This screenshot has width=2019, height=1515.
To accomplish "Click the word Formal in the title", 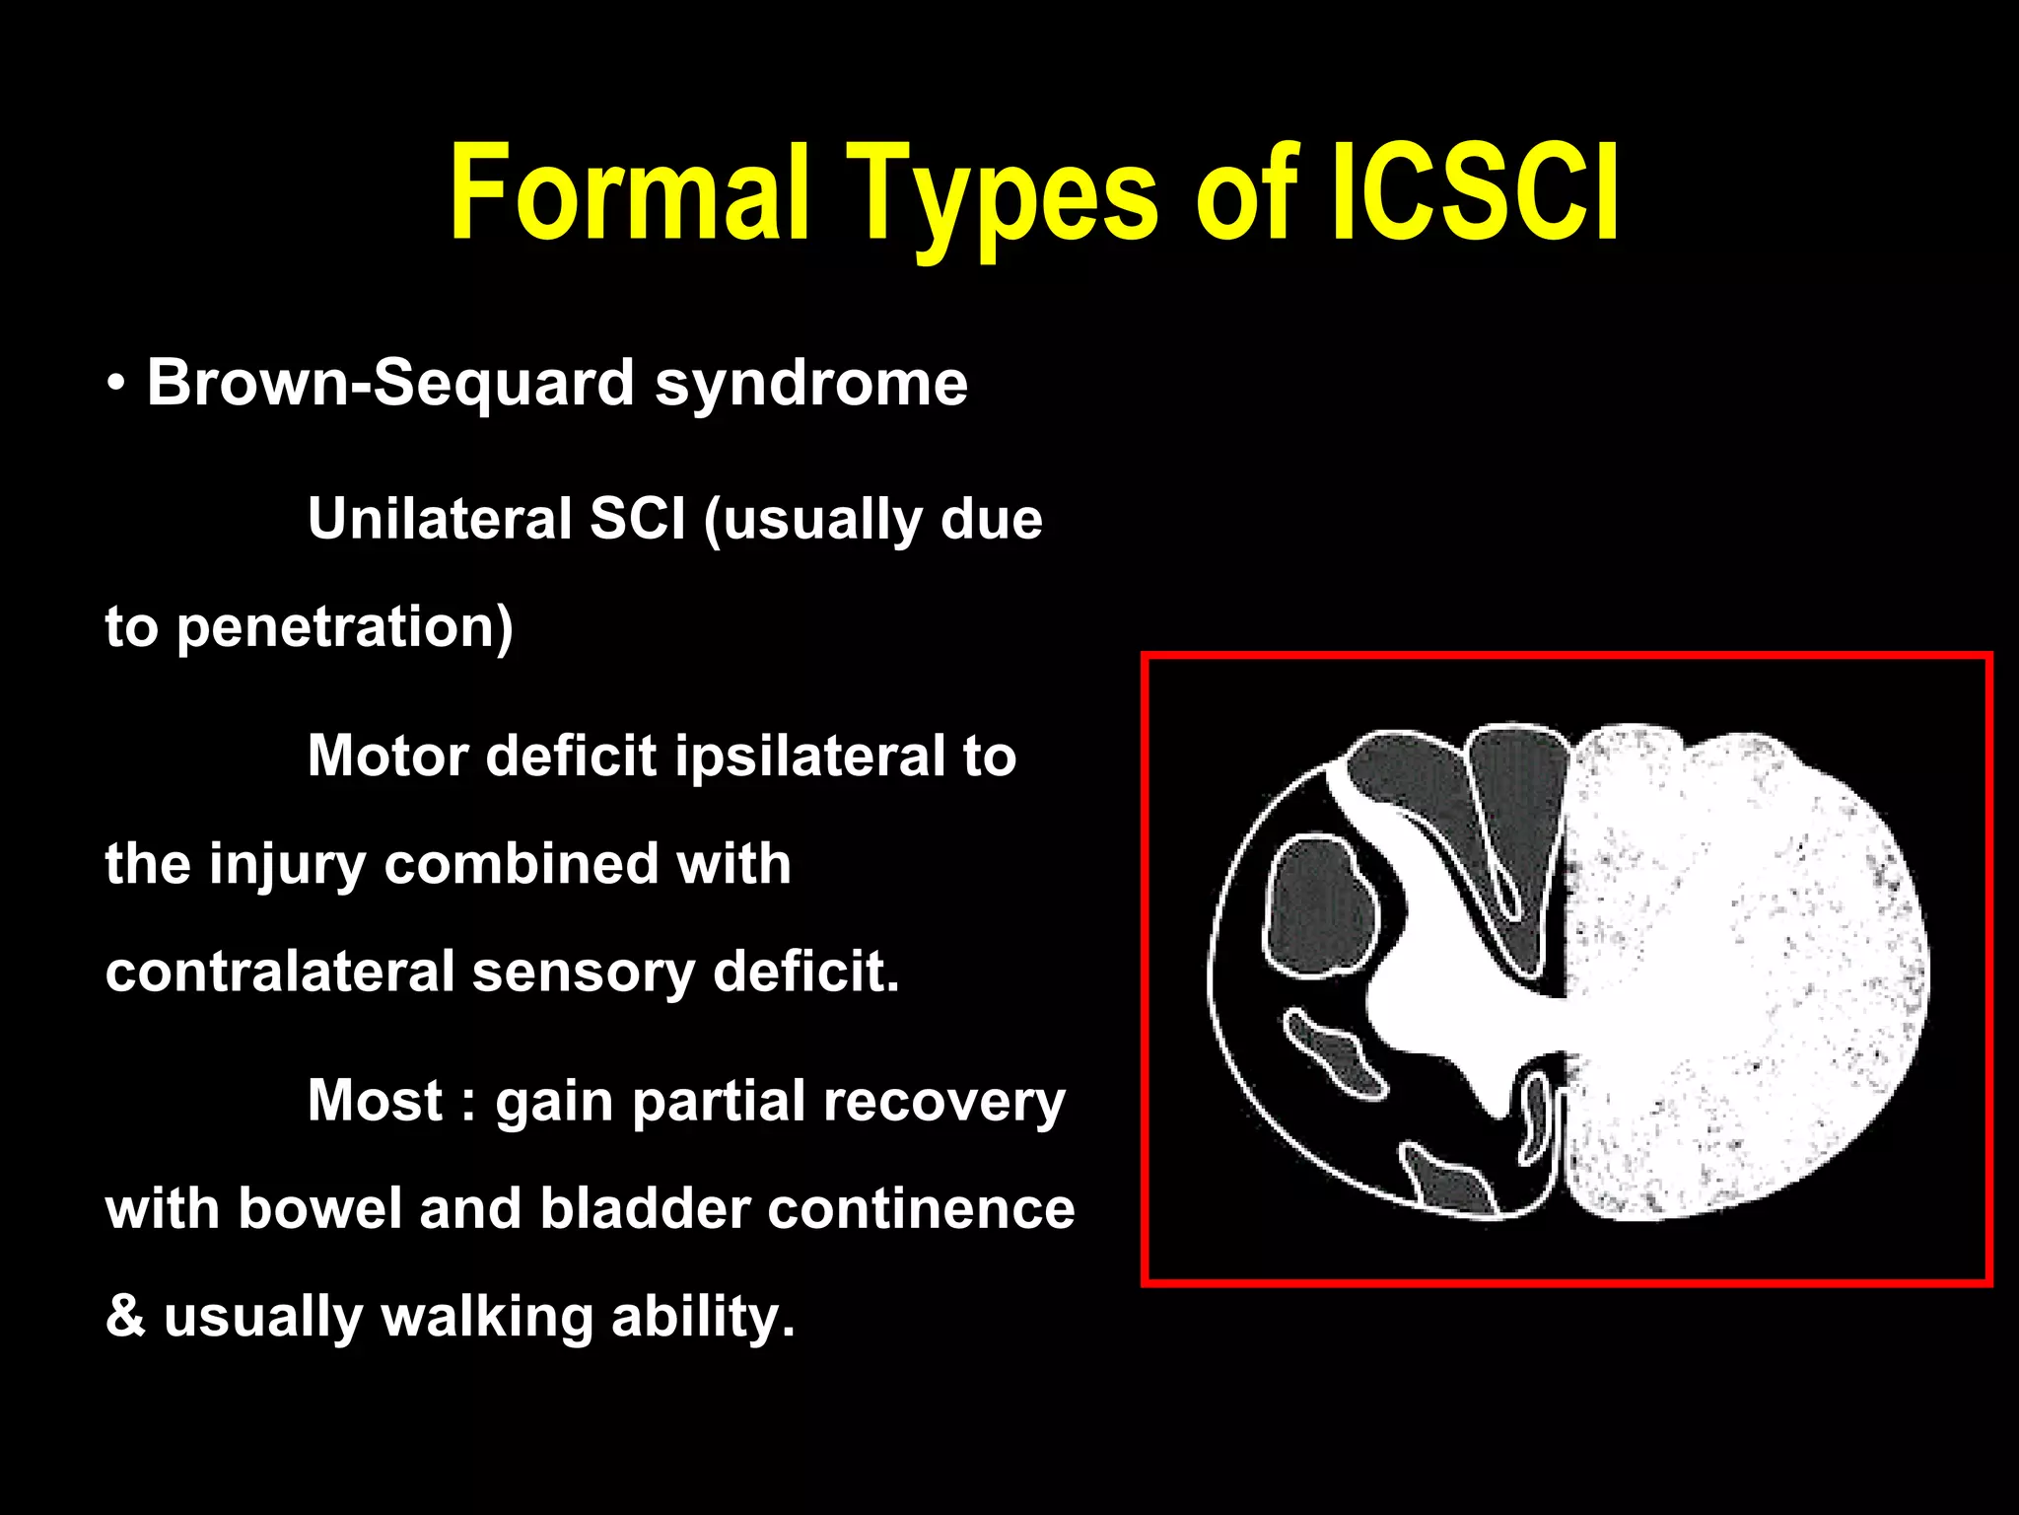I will [x=629, y=192].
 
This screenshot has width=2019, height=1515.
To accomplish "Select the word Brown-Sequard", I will [x=389, y=383].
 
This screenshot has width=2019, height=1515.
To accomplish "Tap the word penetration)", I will [x=344, y=627].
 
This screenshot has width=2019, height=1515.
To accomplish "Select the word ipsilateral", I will [x=810, y=757].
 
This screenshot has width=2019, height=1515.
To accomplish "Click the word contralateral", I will [x=279, y=972].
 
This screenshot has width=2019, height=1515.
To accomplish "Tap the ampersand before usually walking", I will [x=124, y=1317].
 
